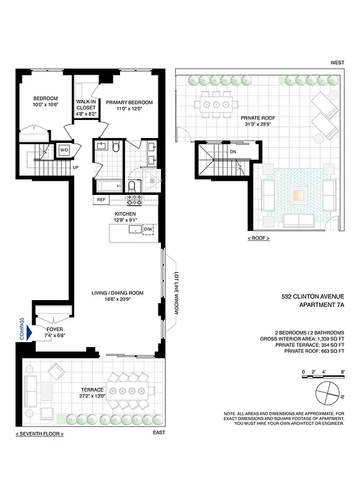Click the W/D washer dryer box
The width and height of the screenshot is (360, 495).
[x=64, y=150]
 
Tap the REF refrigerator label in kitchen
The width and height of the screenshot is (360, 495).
[x=101, y=200]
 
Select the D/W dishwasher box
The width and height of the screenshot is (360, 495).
[x=148, y=230]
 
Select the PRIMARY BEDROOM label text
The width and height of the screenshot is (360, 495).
[x=129, y=103]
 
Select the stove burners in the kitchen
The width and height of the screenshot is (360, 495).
[x=135, y=200]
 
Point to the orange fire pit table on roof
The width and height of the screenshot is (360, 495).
[x=298, y=195]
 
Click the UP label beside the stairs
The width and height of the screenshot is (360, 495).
[x=75, y=167]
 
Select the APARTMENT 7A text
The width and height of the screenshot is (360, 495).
[x=321, y=304]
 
